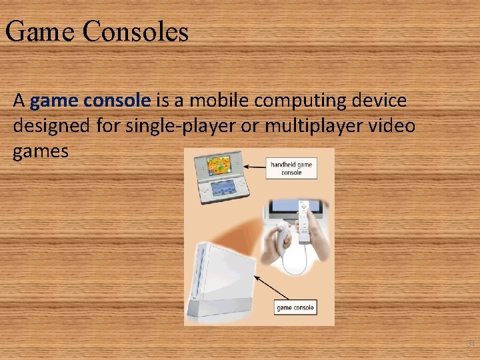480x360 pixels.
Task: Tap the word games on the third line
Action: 40,151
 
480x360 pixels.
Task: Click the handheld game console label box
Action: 291,168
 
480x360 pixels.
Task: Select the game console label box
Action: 295,307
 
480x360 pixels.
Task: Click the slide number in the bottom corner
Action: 470,344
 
